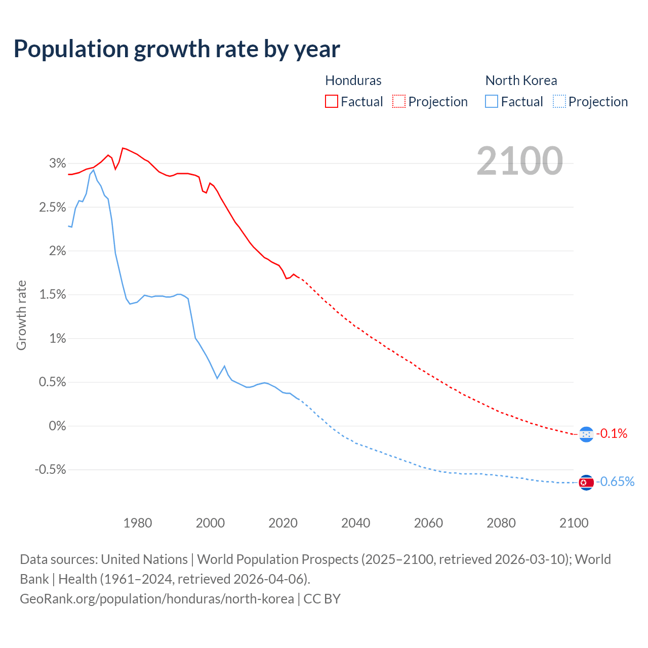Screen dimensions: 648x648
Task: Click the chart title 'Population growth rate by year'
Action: tap(177, 49)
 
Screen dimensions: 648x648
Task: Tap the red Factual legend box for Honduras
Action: tap(331, 101)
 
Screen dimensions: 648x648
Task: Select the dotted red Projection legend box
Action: tap(399, 101)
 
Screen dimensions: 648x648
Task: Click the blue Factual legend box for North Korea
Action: tap(491, 101)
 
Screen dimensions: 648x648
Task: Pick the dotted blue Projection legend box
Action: tap(559, 101)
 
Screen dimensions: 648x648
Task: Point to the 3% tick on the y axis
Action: tap(58, 164)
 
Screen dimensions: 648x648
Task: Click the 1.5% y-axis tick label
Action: tap(53, 295)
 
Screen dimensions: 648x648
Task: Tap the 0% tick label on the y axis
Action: tap(58, 426)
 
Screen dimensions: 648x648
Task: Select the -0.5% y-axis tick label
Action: tap(50, 470)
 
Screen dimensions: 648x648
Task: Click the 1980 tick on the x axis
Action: tap(138, 523)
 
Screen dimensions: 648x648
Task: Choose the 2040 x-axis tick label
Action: tap(356, 523)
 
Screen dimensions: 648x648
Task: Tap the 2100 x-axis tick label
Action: tap(574, 523)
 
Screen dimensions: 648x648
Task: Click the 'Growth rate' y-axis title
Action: tap(21, 315)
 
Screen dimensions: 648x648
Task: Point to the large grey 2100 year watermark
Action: tap(519, 161)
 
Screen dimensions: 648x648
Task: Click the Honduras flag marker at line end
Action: tap(586, 434)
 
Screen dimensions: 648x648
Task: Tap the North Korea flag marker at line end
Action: tap(586, 482)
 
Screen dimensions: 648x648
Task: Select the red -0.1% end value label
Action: tap(612, 434)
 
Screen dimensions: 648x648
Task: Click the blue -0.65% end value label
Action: tap(615, 481)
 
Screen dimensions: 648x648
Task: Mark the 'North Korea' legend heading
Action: tap(521, 80)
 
